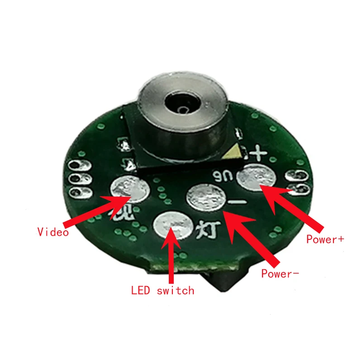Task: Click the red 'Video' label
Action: [x=53, y=232]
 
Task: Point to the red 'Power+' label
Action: [x=324, y=239]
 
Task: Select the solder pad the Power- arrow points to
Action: [x=206, y=198]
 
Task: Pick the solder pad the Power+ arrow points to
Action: [x=257, y=178]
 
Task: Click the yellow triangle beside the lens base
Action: [x=232, y=152]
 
